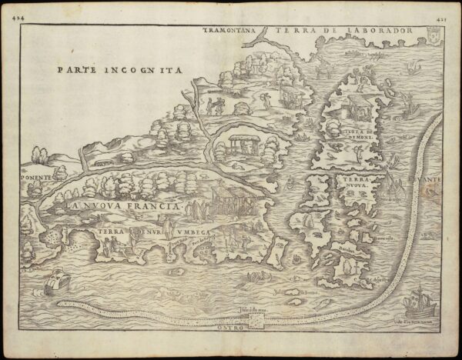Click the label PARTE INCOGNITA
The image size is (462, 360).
coord(119,68)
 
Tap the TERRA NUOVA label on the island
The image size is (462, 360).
coord(356,184)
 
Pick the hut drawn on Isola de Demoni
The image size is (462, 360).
coord(349,105)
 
